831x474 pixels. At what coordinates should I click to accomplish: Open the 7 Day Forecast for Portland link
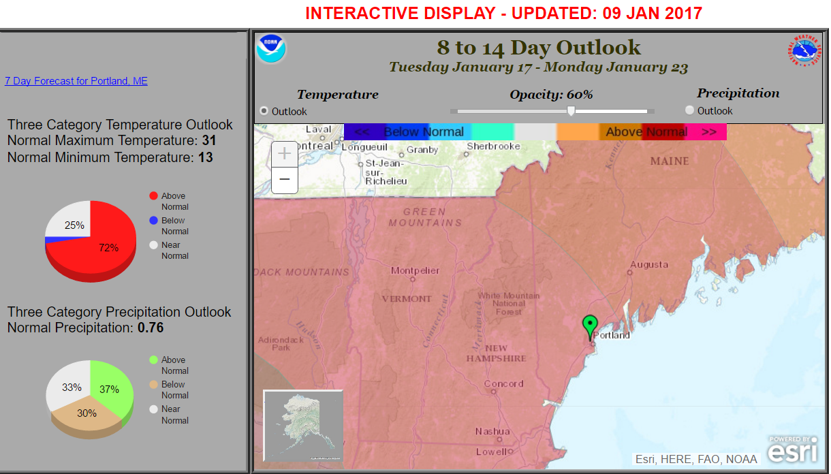(76, 81)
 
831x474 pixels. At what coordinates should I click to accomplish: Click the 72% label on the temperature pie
(109, 248)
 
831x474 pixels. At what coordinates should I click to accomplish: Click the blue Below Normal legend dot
(153, 220)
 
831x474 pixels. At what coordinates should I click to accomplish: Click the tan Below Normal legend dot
(153, 385)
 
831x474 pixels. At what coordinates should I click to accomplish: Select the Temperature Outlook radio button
(264, 111)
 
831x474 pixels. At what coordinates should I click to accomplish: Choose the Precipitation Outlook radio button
(689, 110)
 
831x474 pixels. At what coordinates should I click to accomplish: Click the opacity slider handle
(571, 110)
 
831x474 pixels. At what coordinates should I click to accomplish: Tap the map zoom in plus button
(285, 154)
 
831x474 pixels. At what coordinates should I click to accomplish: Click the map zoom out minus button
(285, 180)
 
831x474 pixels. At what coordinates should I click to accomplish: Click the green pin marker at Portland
(590, 326)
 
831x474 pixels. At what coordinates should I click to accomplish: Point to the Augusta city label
(649, 264)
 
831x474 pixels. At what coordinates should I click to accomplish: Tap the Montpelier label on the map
(415, 271)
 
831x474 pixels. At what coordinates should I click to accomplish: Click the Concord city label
(504, 383)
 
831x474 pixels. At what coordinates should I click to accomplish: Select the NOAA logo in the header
(271, 48)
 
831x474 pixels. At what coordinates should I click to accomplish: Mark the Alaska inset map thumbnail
(303, 426)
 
